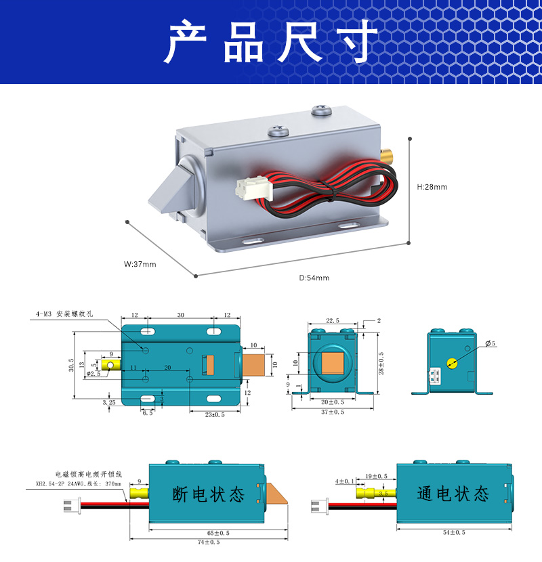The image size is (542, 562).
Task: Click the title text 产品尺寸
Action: coord(271,42)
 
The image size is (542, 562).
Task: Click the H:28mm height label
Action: coord(432,187)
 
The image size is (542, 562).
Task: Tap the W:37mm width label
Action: coord(140,264)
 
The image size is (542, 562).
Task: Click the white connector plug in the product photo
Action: coord(247,188)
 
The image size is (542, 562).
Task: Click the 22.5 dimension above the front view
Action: coord(332,320)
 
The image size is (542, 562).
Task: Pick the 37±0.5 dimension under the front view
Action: coord(332,412)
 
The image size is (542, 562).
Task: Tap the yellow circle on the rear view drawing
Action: coord(453,362)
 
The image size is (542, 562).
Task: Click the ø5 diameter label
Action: coord(491,344)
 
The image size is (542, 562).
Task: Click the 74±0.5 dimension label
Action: coord(209,542)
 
